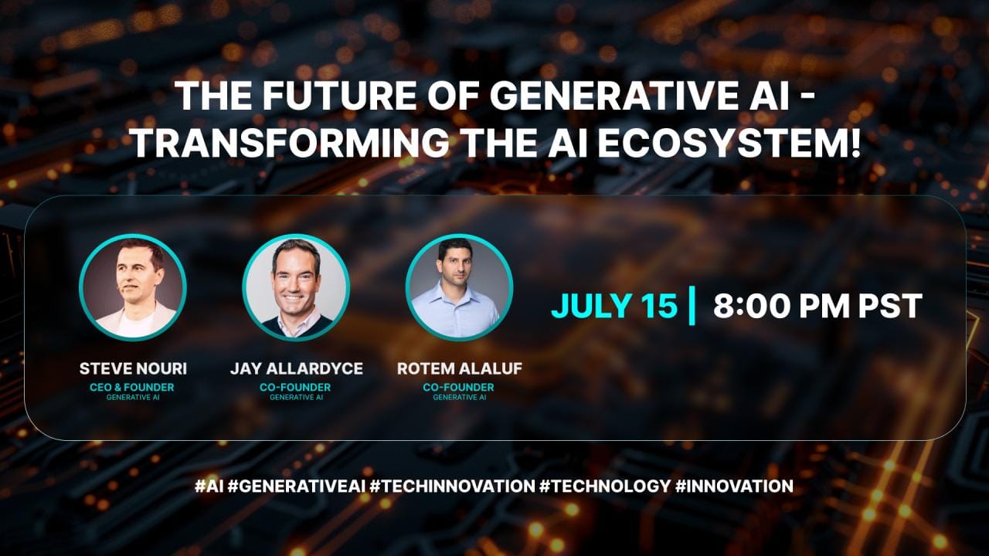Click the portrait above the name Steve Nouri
coord(133,287)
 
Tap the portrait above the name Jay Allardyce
coord(296,287)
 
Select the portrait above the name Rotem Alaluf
coord(459,287)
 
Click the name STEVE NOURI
coord(133,368)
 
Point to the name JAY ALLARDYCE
coord(296,368)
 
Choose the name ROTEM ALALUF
coord(460,368)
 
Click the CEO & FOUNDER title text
coord(132,387)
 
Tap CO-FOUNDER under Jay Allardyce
coord(295,387)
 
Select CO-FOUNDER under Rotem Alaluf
coord(458,387)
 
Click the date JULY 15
coord(614,305)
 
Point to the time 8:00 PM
coord(781,305)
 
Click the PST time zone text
coord(890,305)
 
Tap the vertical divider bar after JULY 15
coord(692,305)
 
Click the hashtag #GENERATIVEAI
coord(297,486)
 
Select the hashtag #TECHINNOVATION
coord(452,486)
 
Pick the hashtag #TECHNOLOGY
coord(605,486)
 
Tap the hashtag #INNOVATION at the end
coord(734,486)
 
